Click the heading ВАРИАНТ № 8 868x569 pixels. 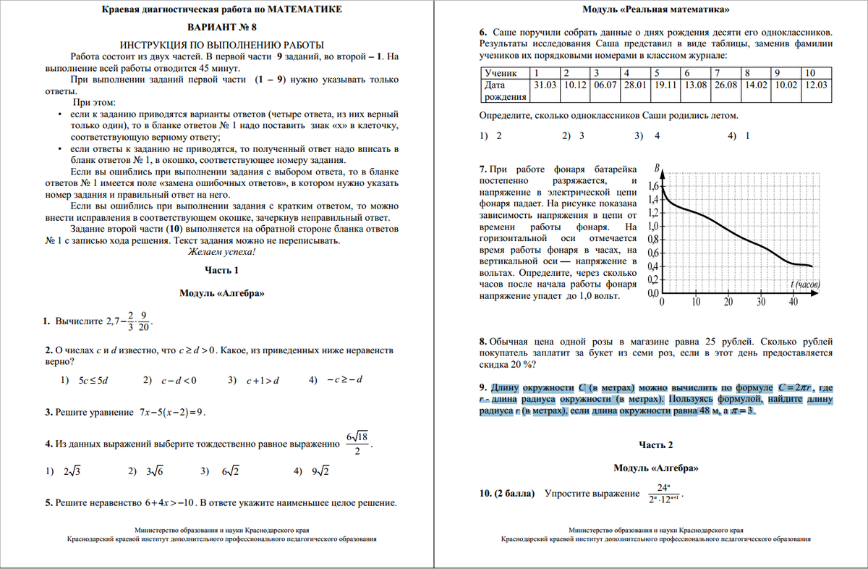(221, 28)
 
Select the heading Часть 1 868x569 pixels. (221, 270)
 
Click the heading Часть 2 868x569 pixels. (656, 444)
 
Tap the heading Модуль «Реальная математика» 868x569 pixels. (655, 9)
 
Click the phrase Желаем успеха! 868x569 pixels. (221, 252)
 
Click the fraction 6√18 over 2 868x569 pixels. (357, 444)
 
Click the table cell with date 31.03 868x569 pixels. (545, 85)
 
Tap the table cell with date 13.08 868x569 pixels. (696, 85)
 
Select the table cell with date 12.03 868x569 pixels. (816, 85)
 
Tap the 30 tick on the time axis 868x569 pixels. (761, 302)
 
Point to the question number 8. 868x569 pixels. (482, 341)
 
